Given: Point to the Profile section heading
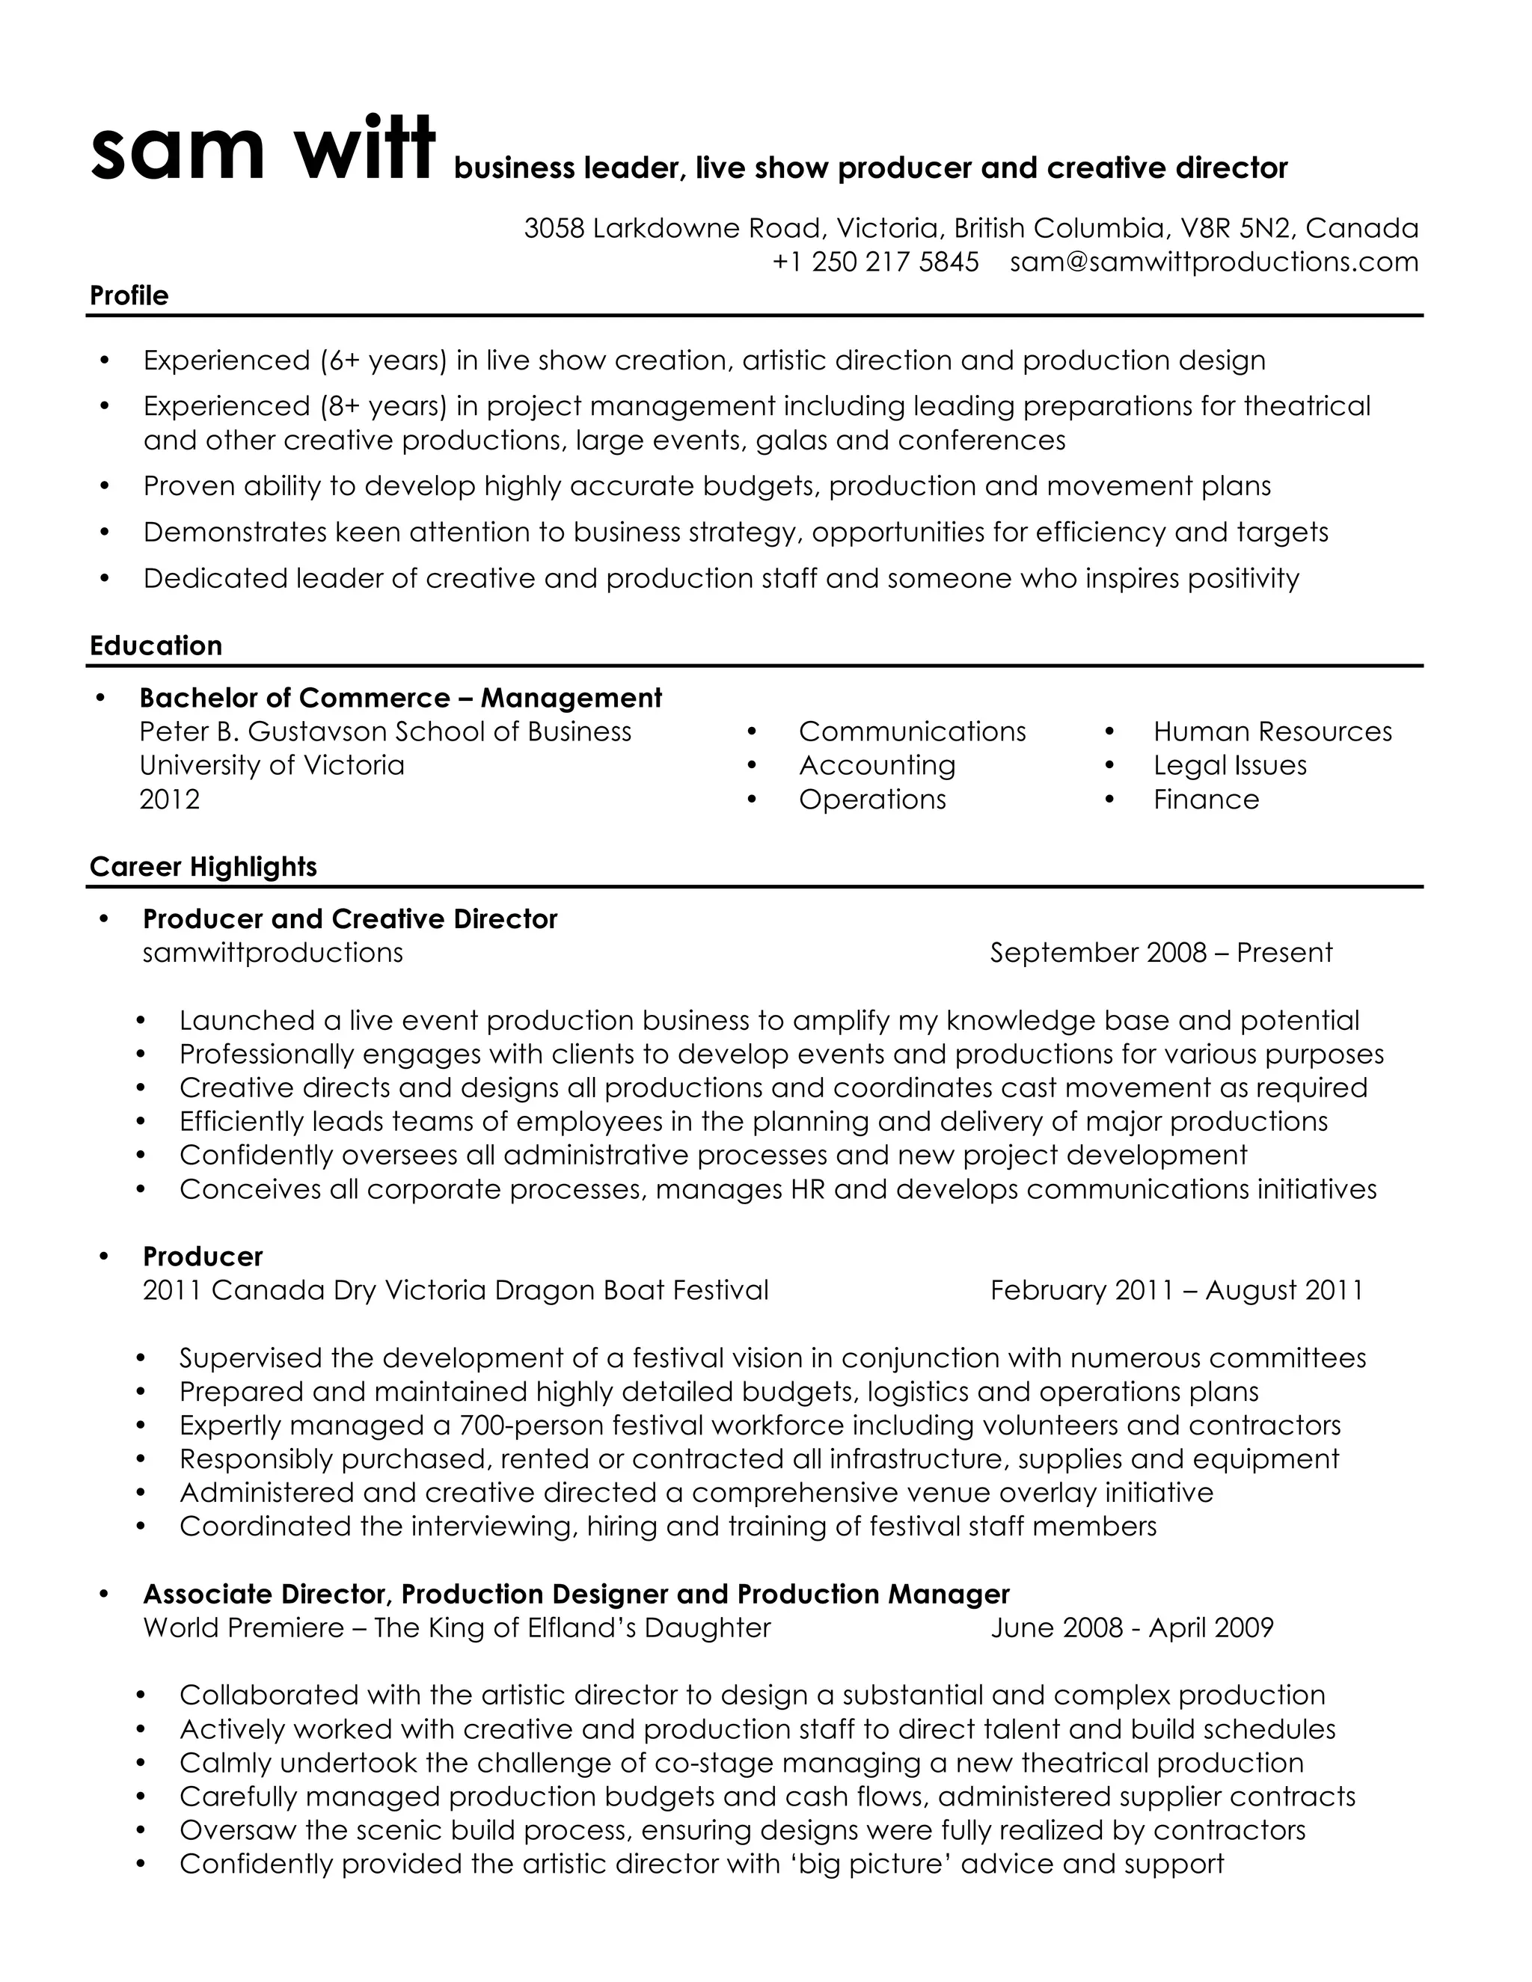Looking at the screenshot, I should pos(129,296).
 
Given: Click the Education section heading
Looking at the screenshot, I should pos(155,645).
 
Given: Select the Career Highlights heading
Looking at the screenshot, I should pos(203,867).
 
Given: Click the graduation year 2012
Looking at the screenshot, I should pos(170,800).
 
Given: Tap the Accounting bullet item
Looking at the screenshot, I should pos(877,766).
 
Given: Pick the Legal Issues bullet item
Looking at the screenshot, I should pos(1230,766).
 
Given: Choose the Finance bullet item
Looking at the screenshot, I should pos(1206,800).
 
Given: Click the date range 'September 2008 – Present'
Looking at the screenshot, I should pos(1161,953).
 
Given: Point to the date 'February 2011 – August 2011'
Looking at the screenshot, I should pos(1176,1290).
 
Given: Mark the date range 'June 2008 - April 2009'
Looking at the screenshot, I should pos(1132,1627).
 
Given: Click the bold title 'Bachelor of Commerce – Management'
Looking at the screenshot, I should pos(400,698).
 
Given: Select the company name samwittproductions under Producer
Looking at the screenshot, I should pos(273,953).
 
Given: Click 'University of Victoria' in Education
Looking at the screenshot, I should pos(272,766).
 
